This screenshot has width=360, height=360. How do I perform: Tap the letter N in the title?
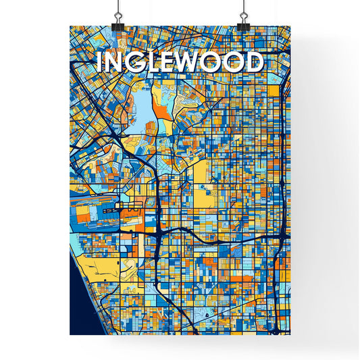point(114,62)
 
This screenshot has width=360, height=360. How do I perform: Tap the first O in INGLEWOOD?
point(213,62)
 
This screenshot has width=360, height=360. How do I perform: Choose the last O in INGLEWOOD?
point(234,62)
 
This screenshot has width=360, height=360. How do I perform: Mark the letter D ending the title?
point(253,62)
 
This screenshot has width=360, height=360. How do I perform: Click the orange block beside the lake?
point(161,102)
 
